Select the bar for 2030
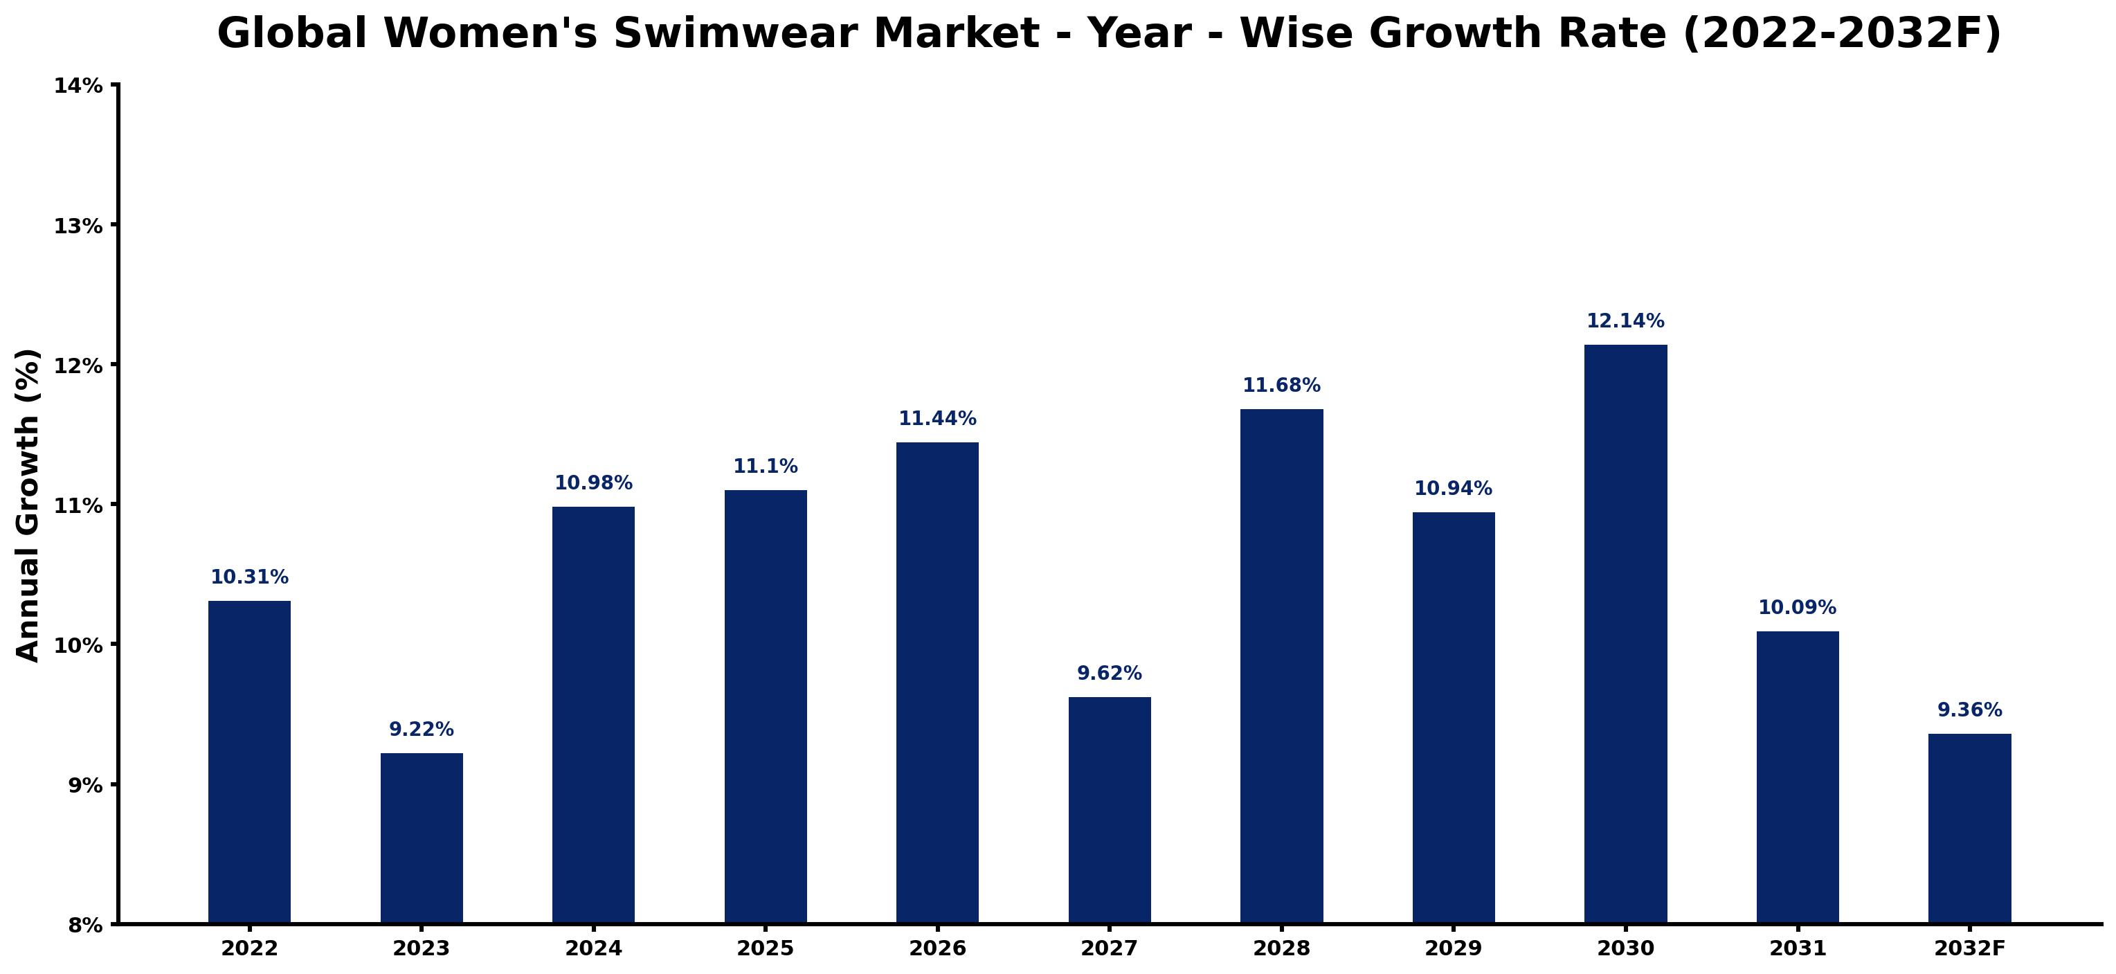click(x=1626, y=634)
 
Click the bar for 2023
click(x=422, y=838)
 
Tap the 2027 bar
click(x=1110, y=811)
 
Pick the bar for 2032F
click(x=1970, y=829)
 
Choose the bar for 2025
click(x=766, y=707)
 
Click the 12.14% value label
click(x=1626, y=321)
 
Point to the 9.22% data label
click(x=422, y=729)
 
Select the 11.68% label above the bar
click(x=1281, y=385)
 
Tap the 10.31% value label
click(x=250, y=577)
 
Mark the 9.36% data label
click(x=1970, y=710)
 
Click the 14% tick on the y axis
click(x=79, y=85)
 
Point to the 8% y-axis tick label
click(x=85, y=926)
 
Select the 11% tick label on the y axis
click(x=79, y=505)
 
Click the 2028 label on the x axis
click(x=1281, y=948)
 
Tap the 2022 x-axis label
click(x=250, y=948)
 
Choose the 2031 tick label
click(x=1798, y=948)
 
